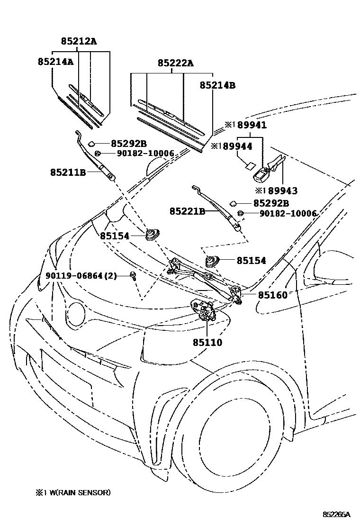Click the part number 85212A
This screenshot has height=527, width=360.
(79, 41)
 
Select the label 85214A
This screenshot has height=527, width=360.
(55, 62)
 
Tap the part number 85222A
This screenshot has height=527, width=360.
(175, 63)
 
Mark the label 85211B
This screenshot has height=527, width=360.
(68, 173)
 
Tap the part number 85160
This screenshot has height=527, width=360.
(272, 295)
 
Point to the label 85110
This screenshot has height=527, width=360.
(207, 341)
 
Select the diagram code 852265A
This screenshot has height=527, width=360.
(336, 514)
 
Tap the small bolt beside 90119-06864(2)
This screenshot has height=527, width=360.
(134, 276)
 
